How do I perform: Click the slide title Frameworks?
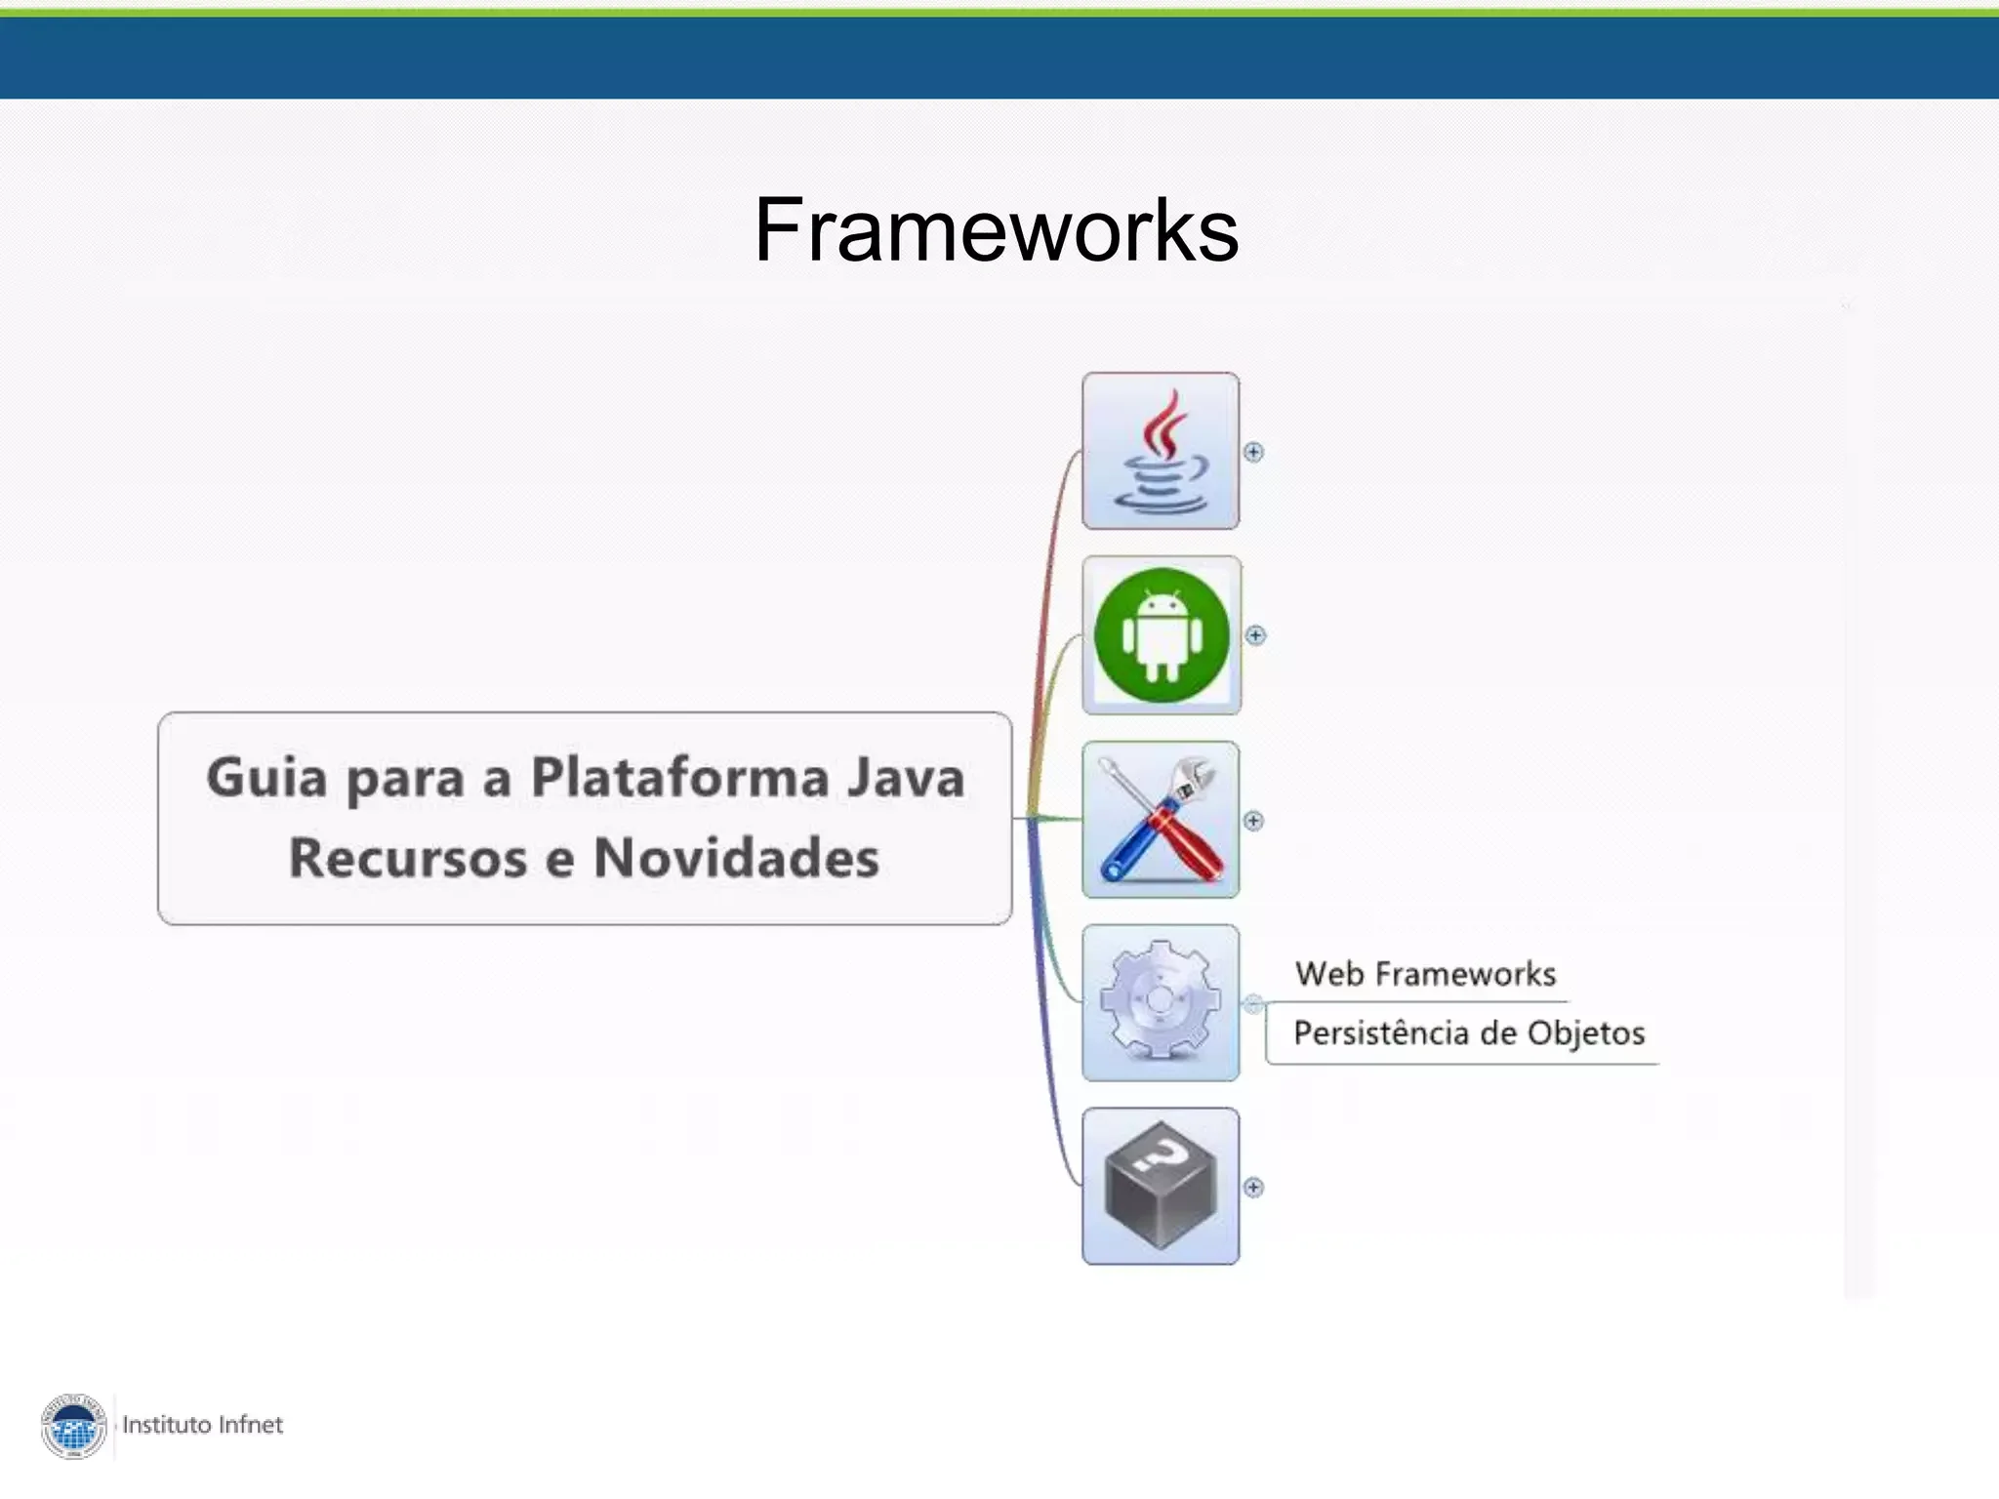tap(996, 230)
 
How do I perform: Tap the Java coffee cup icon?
tap(1161, 452)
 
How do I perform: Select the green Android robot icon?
tap(1162, 635)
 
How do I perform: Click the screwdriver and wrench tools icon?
tap(1161, 820)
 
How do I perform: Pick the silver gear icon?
tap(1161, 1002)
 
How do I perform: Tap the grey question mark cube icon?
tap(1161, 1186)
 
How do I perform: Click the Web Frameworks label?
tap(1425, 974)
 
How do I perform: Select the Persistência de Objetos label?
tap(1469, 1033)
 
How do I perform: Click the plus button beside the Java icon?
tap(1253, 452)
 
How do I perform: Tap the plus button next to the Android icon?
tap(1255, 635)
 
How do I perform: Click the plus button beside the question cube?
tap(1253, 1187)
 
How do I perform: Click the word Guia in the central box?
tap(265, 778)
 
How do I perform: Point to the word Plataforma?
tap(679, 778)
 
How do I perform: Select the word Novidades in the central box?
tap(736, 858)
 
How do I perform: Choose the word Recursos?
tap(408, 858)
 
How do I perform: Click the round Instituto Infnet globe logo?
tap(73, 1427)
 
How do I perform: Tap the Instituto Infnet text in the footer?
tap(202, 1425)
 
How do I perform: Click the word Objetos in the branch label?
tap(1585, 1033)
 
